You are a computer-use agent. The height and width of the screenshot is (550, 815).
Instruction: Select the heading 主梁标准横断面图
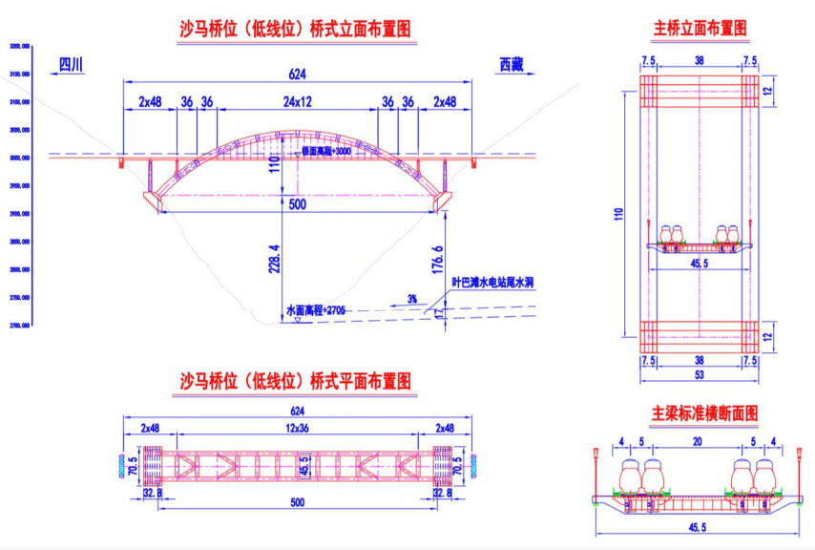tap(704, 414)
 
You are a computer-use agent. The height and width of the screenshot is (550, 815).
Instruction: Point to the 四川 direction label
tap(72, 65)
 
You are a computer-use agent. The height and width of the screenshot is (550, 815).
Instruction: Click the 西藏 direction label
tap(512, 65)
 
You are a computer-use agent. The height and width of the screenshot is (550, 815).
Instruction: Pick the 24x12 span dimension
tap(296, 101)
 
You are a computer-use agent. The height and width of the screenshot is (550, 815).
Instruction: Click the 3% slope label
tap(411, 299)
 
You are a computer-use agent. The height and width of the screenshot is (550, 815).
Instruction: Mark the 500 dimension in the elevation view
tap(296, 202)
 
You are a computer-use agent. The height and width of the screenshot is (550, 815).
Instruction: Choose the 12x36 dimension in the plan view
tap(296, 427)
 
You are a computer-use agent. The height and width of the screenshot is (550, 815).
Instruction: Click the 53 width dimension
tap(700, 376)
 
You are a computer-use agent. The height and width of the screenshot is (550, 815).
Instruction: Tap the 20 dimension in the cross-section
tap(700, 441)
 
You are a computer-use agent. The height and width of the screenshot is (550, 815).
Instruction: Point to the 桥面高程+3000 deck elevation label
tap(325, 151)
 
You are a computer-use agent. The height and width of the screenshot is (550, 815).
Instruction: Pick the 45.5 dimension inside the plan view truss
tap(304, 467)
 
